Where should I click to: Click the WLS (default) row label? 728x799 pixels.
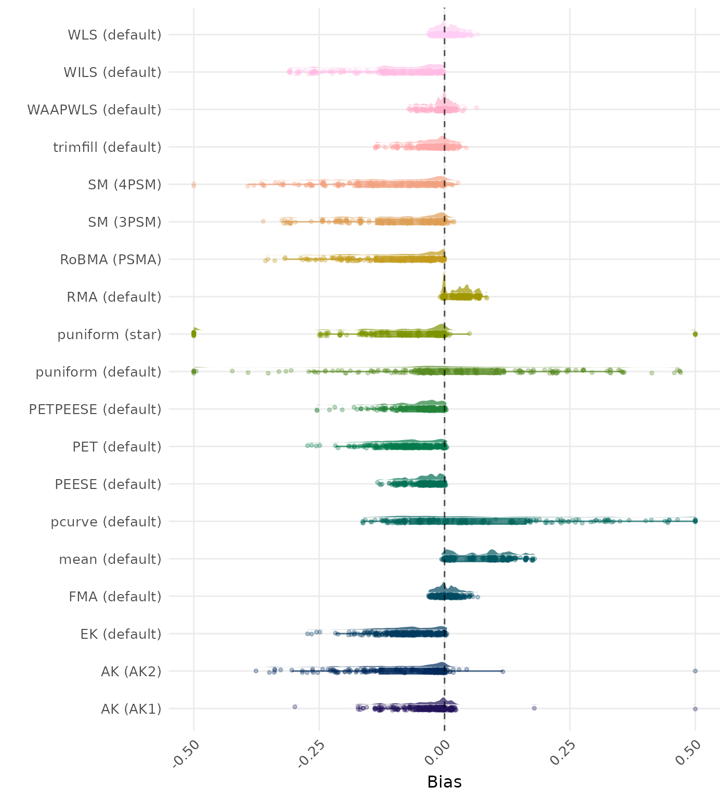coord(114,35)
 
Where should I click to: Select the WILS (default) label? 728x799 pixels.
coord(112,72)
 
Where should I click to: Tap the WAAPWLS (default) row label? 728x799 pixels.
coord(94,110)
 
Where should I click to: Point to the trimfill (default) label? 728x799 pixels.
coord(107,147)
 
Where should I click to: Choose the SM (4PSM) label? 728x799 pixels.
coord(125,185)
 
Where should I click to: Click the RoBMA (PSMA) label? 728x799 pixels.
coord(111,260)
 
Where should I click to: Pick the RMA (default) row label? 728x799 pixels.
coord(114,297)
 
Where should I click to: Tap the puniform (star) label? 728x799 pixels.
coord(109,334)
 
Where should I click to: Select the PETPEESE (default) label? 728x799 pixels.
coord(95,409)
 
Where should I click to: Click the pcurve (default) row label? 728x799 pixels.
coord(106,522)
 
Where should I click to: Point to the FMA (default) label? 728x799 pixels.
coord(115,597)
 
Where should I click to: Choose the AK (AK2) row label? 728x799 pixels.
coord(131,672)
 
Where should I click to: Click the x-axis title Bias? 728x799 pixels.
coord(444,782)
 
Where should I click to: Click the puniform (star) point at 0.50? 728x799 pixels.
coord(695,334)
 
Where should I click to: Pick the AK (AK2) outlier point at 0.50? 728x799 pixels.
coord(695,671)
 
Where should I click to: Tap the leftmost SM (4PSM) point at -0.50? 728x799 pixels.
coord(193,184)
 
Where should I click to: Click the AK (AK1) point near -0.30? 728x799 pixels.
coord(295,706)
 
